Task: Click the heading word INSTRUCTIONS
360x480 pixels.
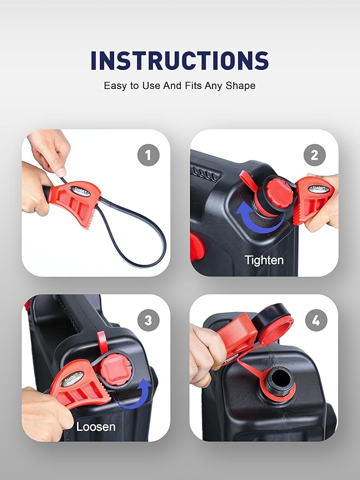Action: tap(180, 60)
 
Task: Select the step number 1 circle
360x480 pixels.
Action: tap(147, 156)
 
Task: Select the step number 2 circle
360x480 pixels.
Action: tap(314, 156)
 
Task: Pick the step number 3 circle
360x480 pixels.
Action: tap(147, 321)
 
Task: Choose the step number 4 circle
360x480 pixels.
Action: tap(315, 321)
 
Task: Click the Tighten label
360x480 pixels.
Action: tap(264, 260)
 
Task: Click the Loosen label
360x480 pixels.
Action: tap(96, 426)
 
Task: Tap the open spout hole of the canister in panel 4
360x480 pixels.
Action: tap(280, 377)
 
